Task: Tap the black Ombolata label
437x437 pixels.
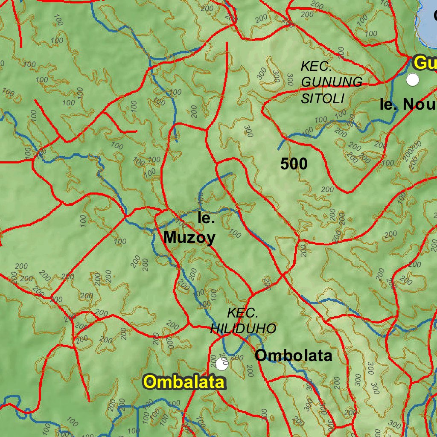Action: pyautogui.click(x=294, y=355)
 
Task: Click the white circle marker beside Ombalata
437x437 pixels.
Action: pyautogui.click(x=221, y=364)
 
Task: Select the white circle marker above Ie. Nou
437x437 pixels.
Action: pyautogui.click(x=413, y=80)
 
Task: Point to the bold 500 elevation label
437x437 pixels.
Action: pyautogui.click(x=294, y=163)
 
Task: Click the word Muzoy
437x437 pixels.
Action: pyautogui.click(x=189, y=238)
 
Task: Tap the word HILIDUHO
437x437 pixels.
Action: pyautogui.click(x=244, y=328)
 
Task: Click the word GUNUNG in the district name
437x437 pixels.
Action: pyautogui.click(x=332, y=82)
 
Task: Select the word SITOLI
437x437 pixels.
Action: pyautogui.click(x=323, y=99)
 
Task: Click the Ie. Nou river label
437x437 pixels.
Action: pyautogui.click(x=408, y=105)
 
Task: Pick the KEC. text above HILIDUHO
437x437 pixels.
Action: pyautogui.click(x=242, y=313)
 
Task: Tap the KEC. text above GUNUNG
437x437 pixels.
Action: pyautogui.click(x=316, y=66)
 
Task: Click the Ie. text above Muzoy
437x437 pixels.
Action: pyautogui.click(x=207, y=218)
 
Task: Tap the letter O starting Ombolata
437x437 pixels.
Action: pyautogui.click(x=261, y=355)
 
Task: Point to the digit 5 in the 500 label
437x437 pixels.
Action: pyautogui.click(x=285, y=163)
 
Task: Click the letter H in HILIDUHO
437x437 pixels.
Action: pyautogui.click(x=215, y=328)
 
